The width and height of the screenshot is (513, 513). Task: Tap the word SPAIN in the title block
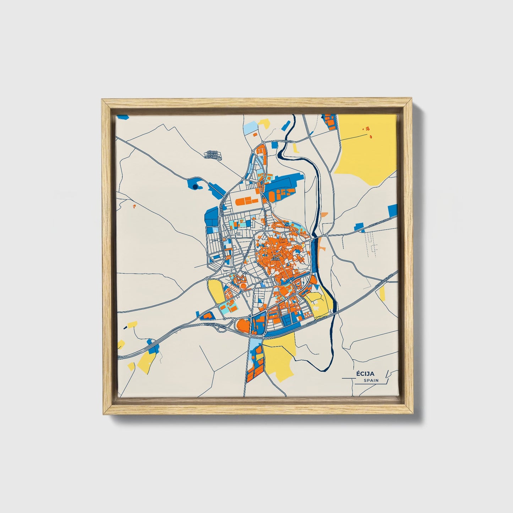(371, 381)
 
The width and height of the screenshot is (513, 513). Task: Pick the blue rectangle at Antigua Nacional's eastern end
(392, 211)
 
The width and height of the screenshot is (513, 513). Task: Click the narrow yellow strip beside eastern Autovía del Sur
(382, 293)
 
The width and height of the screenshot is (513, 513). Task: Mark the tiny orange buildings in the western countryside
(134, 206)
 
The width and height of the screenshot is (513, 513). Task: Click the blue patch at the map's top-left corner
(122, 116)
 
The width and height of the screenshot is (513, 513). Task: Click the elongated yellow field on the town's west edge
(216, 291)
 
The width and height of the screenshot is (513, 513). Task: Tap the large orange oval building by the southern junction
(243, 325)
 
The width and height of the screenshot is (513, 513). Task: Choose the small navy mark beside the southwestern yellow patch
(125, 327)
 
